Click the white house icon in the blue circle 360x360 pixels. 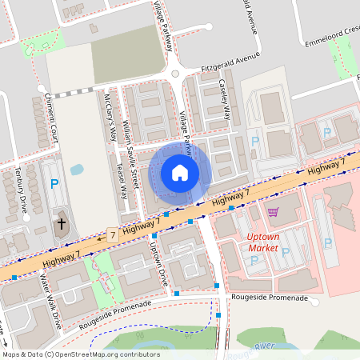[180, 173]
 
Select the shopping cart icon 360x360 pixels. [274, 212]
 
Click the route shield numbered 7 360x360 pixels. [112, 235]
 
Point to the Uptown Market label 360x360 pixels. [263, 242]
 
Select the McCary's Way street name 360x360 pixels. [111, 116]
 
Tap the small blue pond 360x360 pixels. [77, 170]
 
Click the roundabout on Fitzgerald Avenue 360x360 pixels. [175, 73]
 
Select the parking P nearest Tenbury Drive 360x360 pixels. [54, 184]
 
